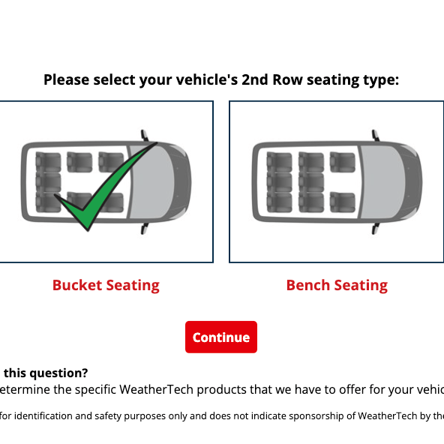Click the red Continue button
tap(221, 337)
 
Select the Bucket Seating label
tap(106, 285)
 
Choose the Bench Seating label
tap(337, 285)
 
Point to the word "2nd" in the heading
tap(257, 79)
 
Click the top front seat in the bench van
tap(342, 161)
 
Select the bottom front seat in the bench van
tap(342, 202)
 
